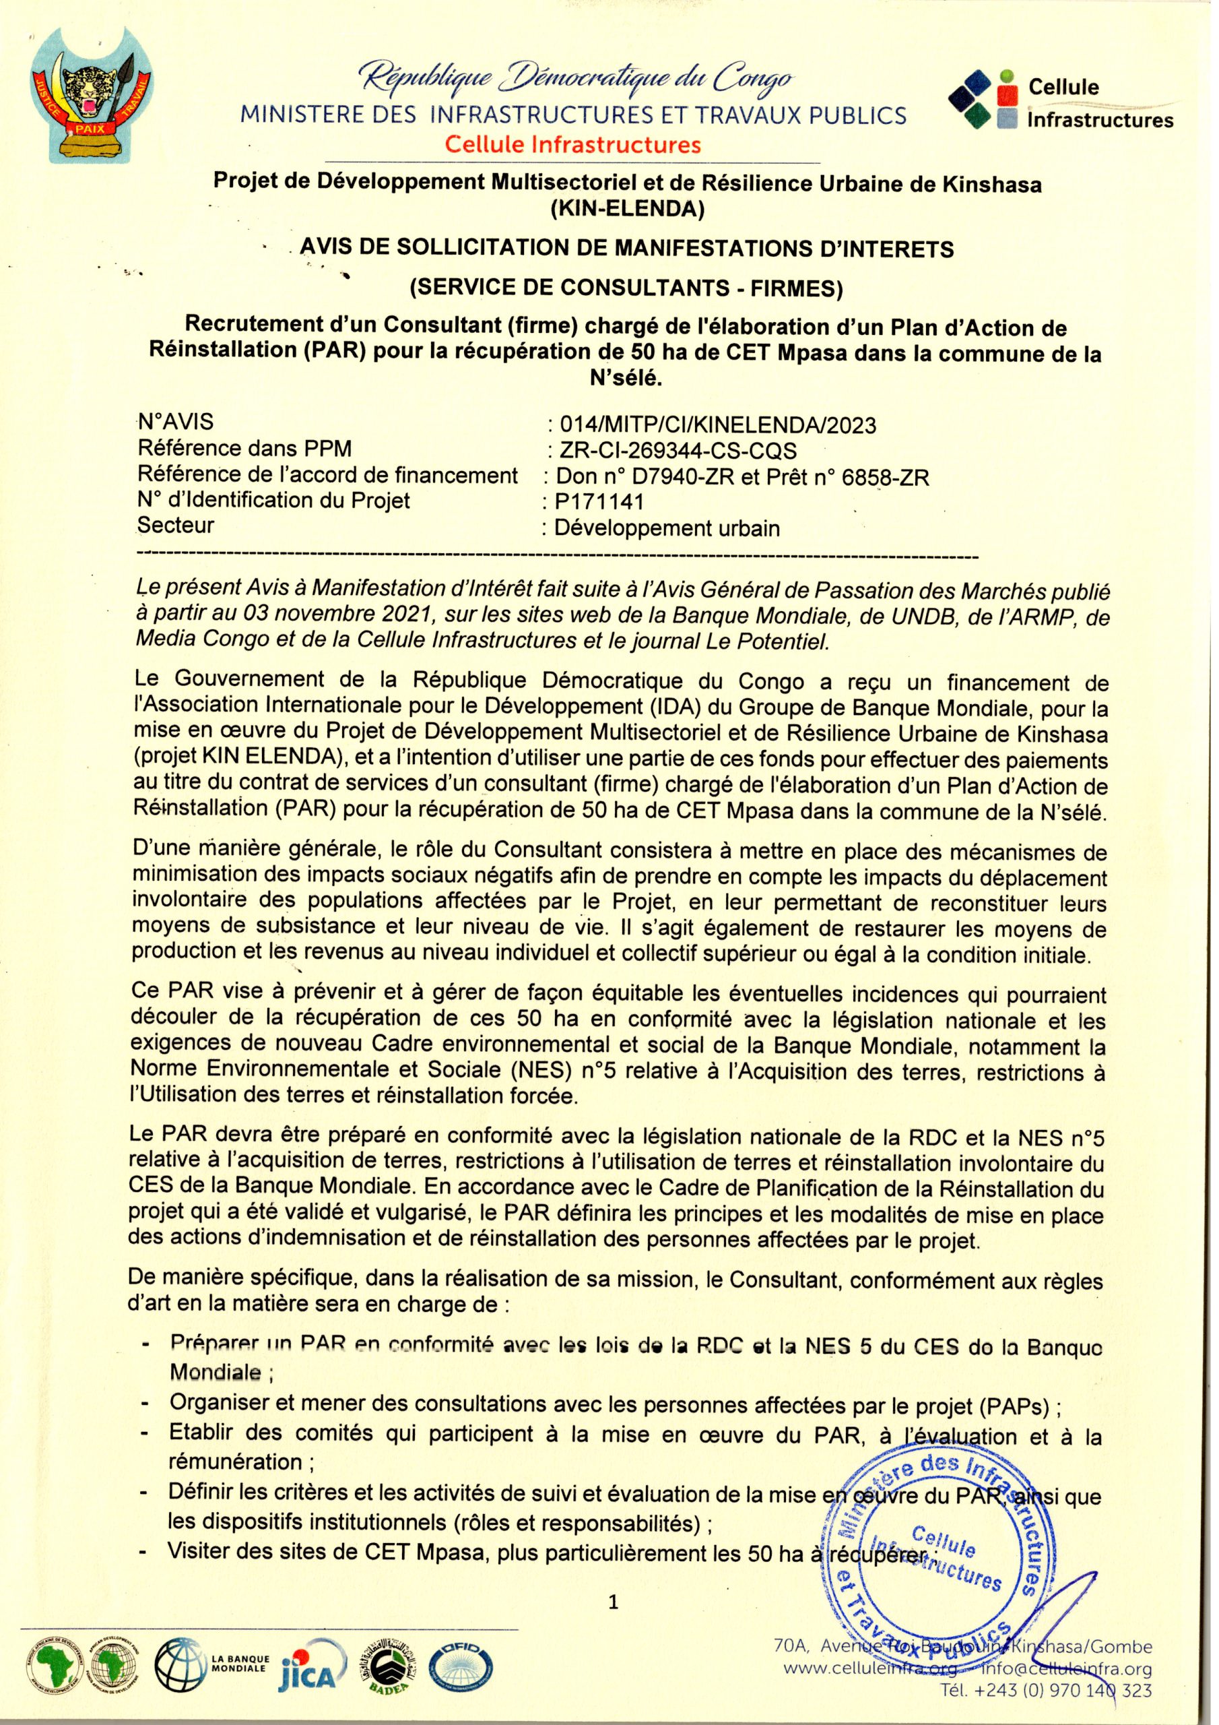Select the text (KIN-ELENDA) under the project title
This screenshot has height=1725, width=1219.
tap(626, 210)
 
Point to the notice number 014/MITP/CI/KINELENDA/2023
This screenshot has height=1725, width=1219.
tap(713, 425)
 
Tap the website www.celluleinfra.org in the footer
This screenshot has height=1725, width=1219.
tap(871, 1685)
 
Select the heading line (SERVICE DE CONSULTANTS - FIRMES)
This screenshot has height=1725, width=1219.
tap(626, 288)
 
